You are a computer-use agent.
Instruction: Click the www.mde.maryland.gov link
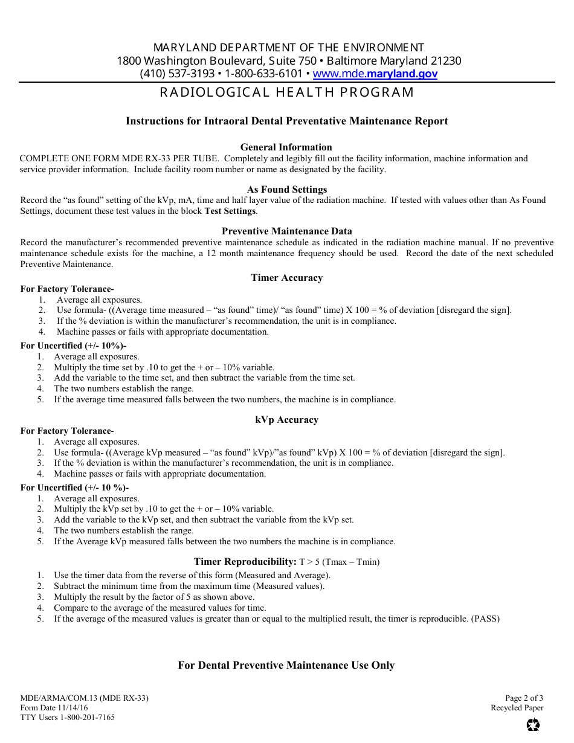375,74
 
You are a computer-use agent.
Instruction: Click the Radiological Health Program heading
287,92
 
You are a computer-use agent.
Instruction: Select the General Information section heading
286,147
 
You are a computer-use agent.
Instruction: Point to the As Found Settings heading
287,189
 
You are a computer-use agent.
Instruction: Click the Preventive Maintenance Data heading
287,231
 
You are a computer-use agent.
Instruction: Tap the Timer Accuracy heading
287,278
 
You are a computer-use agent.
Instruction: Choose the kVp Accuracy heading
287,420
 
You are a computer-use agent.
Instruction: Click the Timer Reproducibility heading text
245,562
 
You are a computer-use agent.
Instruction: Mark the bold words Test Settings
230,211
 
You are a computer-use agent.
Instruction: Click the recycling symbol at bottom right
533,724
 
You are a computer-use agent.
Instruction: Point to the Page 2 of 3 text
524,698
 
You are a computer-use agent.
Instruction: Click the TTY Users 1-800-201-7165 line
68,718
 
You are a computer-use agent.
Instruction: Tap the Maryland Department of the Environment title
289,48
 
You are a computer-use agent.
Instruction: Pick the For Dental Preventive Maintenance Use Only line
286,666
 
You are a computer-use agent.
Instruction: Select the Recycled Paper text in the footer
517,708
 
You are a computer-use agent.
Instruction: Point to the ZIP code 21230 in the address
447,61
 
